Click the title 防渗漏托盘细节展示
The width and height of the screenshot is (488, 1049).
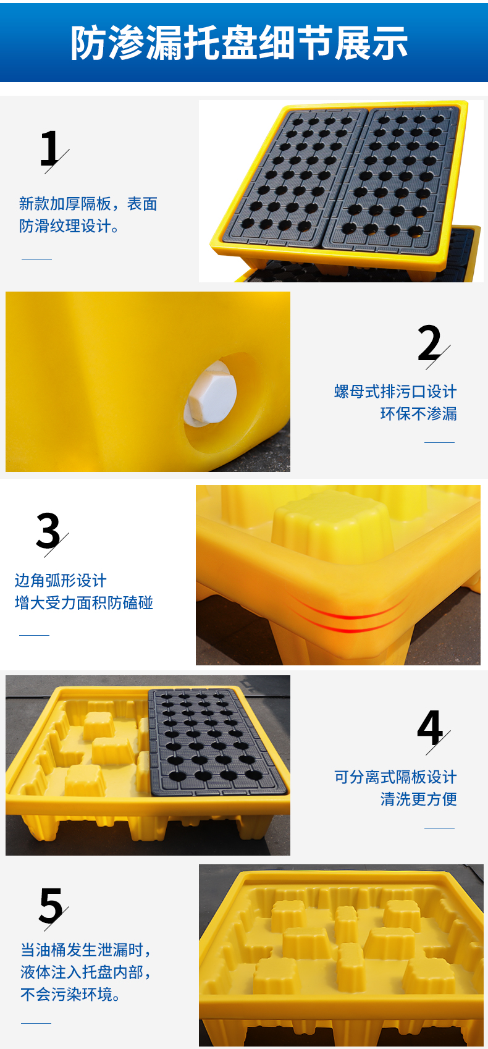tap(239, 43)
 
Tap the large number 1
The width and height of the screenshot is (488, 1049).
tap(50, 149)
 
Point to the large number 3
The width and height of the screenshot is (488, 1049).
tap(48, 531)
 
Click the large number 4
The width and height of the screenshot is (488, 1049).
tap(430, 728)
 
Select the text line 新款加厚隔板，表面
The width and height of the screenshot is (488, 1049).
tap(88, 204)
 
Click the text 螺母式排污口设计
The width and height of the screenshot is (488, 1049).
tap(395, 392)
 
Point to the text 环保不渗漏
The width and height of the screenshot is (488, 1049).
tap(418, 414)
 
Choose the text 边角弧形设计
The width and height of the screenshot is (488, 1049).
tap(61, 581)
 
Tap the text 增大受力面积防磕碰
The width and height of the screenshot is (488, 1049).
tap(83, 603)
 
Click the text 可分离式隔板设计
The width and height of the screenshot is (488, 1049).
tap(395, 777)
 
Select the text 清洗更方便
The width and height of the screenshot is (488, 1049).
tap(418, 799)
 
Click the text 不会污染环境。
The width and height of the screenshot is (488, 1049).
tap(71, 995)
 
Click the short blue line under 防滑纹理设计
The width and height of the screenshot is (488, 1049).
tap(36, 259)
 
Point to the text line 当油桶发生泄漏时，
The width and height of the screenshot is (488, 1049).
tap(86, 950)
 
